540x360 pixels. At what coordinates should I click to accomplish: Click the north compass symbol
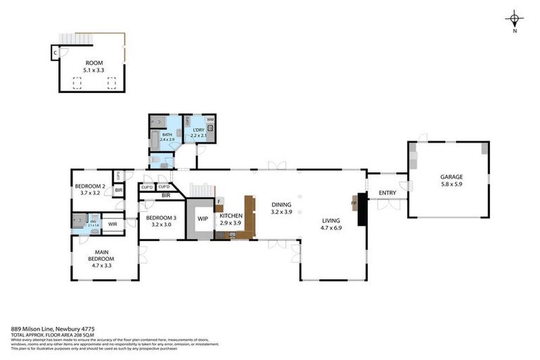[x=515, y=20]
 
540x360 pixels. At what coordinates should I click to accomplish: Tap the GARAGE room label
[x=451, y=176]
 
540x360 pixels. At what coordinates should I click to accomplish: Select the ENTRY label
[x=387, y=193]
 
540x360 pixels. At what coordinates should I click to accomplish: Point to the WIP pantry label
[x=202, y=219]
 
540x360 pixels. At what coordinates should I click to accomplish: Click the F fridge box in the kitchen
[x=219, y=202]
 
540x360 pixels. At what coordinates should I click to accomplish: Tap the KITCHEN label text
[x=231, y=216]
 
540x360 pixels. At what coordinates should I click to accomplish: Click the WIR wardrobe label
[x=112, y=224]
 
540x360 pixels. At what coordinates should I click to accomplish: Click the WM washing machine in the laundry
[x=210, y=120]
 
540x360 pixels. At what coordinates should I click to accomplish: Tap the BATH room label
[x=167, y=134]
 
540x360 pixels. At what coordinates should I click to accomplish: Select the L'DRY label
[x=198, y=130]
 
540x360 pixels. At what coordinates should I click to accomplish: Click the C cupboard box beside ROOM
[x=54, y=51]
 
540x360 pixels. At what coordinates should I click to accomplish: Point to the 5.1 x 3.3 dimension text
[x=94, y=70]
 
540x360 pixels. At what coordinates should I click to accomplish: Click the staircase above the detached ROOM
[x=75, y=38]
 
